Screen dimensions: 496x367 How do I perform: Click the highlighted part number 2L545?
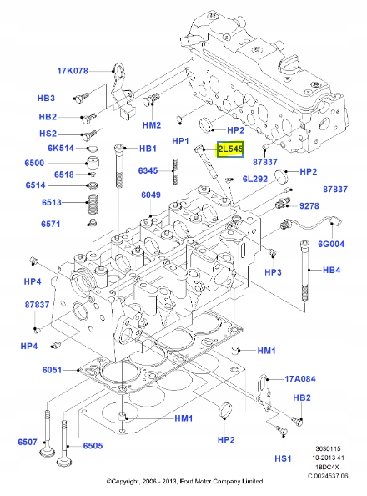(x=230, y=149)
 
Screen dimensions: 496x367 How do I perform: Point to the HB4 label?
(x=331, y=271)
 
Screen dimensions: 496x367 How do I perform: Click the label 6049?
(x=150, y=195)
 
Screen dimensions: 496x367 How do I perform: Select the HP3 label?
(x=274, y=272)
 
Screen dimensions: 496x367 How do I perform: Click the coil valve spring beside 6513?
(x=93, y=203)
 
